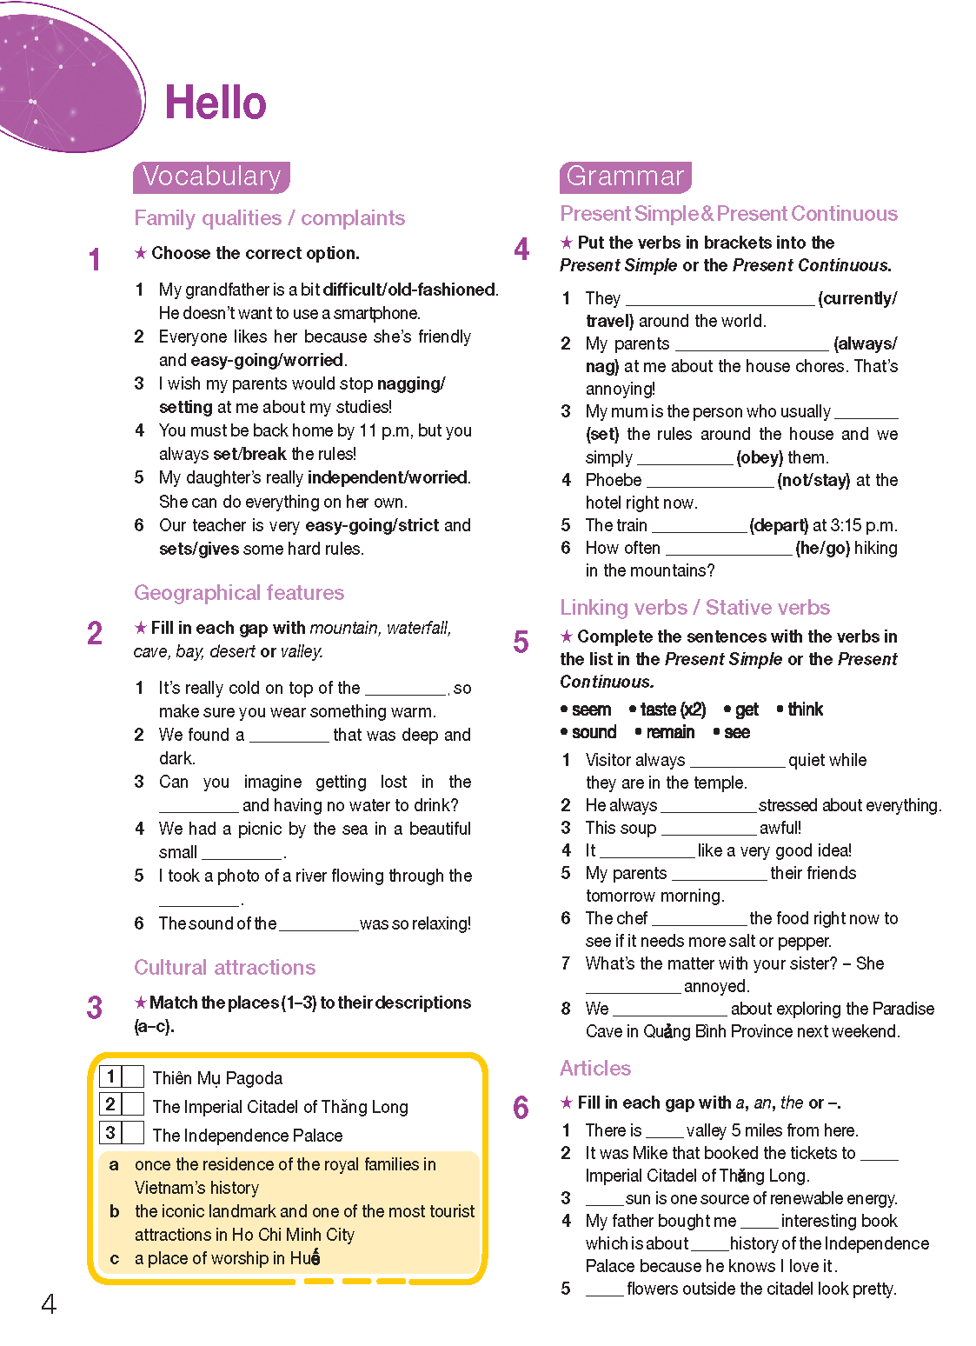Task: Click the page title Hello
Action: [x=216, y=103]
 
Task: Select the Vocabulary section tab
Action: [x=211, y=177]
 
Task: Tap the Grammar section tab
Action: [x=625, y=177]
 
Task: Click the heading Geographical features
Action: [x=239, y=593]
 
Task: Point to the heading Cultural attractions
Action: [x=224, y=968]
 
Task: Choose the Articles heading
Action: [x=595, y=1069]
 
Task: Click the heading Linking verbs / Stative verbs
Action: [x=694, y=608]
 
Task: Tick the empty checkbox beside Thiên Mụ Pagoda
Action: [x=133, y=1076]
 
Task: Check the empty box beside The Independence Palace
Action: [x=133, y=1133]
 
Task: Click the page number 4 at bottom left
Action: [x=49, y=1303]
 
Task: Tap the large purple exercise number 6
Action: [x=521, y=1108]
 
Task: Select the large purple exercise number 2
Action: [x=95, y=633]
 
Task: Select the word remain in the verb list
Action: [x=670, y=732]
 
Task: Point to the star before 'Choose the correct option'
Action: [x=141, y=253]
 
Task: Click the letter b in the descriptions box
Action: [x=114, y=1211]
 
